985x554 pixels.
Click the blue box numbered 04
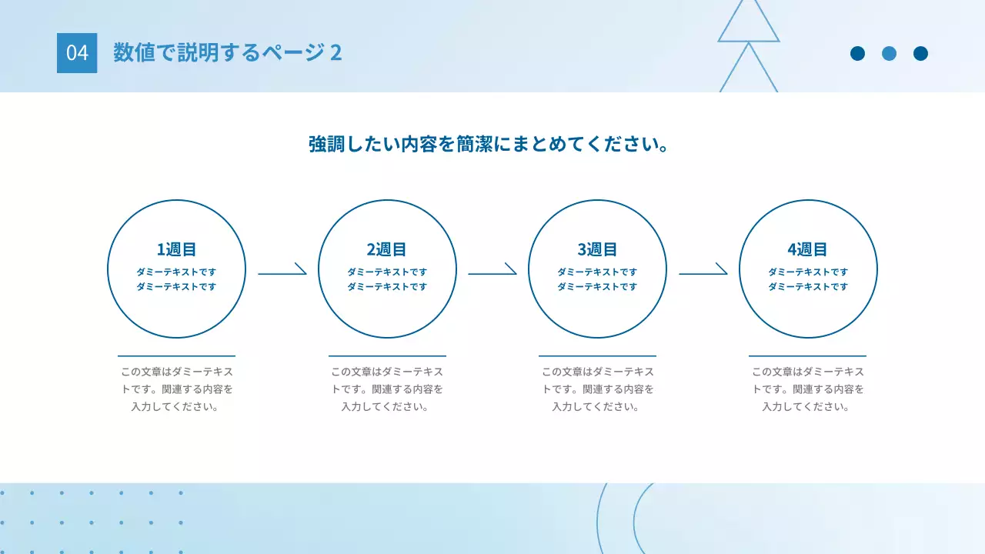coord(77,53)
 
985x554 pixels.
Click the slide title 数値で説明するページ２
coord(227,52)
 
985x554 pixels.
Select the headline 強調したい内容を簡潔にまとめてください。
coord(488,144)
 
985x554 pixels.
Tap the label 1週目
coord(177,249)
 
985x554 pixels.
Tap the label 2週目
coord(387,249)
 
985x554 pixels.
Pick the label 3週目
coord(597,249)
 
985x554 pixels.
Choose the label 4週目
coord(807,249)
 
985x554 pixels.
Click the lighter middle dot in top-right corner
coord(889,53)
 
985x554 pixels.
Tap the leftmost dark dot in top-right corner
coord(857,53)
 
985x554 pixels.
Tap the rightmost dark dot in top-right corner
coord(920,53)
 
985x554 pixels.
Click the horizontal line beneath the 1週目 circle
coord(176,356)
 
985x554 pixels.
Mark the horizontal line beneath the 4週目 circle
coord(807,356)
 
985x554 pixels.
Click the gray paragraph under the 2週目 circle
coord(387,389)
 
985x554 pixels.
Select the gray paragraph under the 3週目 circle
coord(597,389)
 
